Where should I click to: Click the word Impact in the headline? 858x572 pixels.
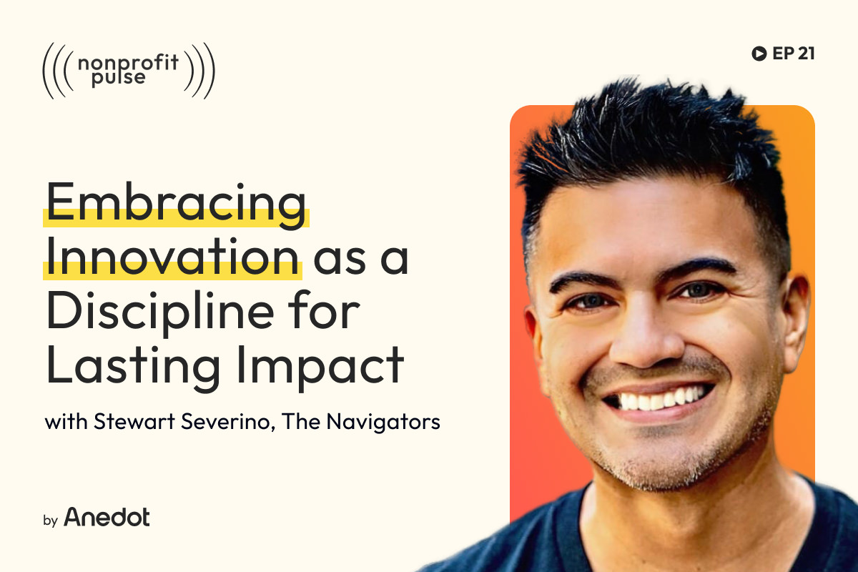coord(315,365)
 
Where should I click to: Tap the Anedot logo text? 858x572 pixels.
coord(107,517)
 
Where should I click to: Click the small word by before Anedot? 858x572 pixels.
coord(50,520)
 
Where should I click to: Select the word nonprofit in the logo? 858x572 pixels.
coord(129,63)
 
